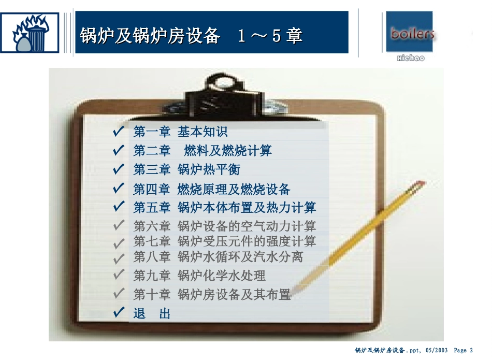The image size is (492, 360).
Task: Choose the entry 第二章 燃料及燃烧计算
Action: pyautogui.click(x=202, y=151)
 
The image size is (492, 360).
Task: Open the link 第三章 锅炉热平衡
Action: pyautogui.click(x=187, y=169)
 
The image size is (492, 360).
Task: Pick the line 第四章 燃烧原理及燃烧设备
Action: pyautogui.click(x=212, y=189)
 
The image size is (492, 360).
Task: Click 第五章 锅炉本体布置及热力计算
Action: pyautogui.click(x=224, y=208)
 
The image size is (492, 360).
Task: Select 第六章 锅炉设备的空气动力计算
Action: pyautogui.click(x=224, y=226)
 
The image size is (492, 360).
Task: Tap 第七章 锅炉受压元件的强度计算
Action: pyautogui.click(x=224, y=241)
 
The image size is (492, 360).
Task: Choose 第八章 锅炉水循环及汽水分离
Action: pyautogui.click(x=218, y=256)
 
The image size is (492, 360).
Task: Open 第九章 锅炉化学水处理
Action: pyautogui.click(x=199, y=276)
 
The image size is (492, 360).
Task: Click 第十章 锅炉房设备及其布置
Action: pyautogui.click(x=212, y=295)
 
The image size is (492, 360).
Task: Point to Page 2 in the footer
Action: pyautogui.click(x=464, y=351)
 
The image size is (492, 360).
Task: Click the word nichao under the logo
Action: pyautogui.click(x=410, y=58)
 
